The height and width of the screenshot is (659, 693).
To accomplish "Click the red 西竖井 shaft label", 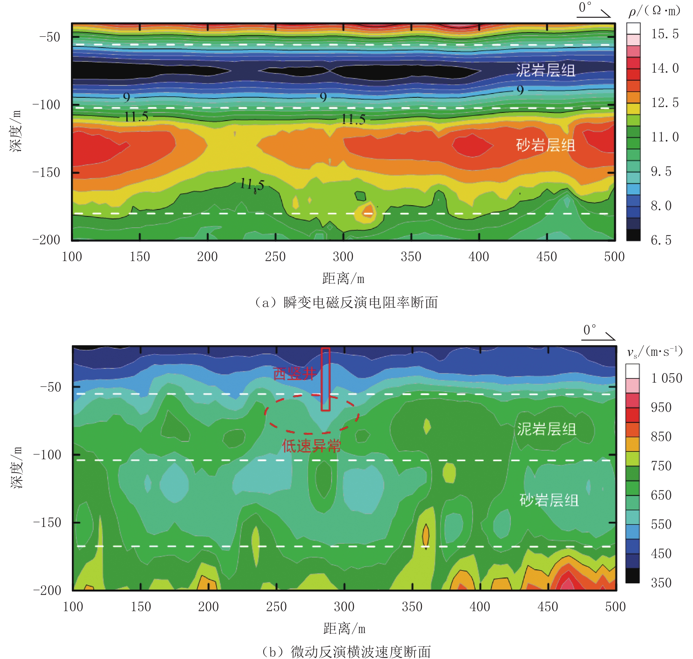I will pyautogui.click(x=294, y=373).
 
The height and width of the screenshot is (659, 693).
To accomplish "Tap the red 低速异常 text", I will pyautogui.click(x=311, y=446).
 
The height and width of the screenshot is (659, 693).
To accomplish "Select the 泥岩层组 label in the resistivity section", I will pyautogui.click(x=545, y=70).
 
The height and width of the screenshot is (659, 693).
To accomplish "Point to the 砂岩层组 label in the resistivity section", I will pyautogui.click(x=545, y=145).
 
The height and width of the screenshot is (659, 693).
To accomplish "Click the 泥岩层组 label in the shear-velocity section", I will pyautogui.click(x=546, y=429).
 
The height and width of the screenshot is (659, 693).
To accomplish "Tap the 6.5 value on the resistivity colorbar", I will pyautogui.click(x=661, y=240).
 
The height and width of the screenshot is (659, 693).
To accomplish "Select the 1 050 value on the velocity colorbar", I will pyautogui.click(x=666, y=378).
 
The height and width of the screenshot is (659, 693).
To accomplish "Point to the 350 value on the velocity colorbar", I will pyautogui.click(x=661, y=583).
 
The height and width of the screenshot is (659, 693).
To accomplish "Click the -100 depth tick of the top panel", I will pyautogui.click(x=46, y=105).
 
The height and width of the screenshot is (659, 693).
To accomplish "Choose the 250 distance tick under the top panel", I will pyautogui.click(x=275, y=257).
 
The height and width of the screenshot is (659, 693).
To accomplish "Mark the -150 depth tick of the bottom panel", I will pyautogui.click(x=47, y=522).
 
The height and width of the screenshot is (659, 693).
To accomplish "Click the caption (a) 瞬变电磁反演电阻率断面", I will pyautogui.click(x=346, y=302).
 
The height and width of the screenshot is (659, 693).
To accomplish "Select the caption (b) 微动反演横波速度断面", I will pyautogui.click(x=346, y=652).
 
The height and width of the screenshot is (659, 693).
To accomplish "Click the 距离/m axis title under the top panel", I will pyautogui.click(x=343, y=279).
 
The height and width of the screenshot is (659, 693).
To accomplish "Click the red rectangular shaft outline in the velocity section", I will pyautogui.click(x=326, y=379).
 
